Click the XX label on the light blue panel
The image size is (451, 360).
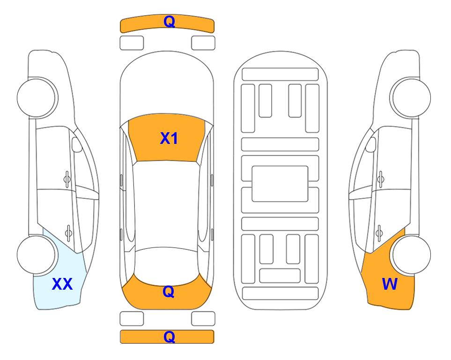(62, 284)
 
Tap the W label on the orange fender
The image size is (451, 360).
(390, 284)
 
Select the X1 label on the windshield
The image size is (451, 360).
(169, 138)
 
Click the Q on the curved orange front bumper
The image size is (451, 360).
(169, 22)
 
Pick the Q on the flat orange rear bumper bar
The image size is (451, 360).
(169, 337)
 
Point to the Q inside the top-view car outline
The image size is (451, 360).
(169, 292)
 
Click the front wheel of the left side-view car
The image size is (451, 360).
(37, 98)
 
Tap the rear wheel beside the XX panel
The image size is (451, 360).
(37, 255)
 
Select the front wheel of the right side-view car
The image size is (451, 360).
(410, 98)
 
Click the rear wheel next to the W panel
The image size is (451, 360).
(411, 255)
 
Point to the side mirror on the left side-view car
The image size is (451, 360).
(76, 144)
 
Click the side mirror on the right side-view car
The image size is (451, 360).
(371, 144)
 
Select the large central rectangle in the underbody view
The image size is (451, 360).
(280, 184)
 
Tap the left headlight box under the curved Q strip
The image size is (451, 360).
(132, 43)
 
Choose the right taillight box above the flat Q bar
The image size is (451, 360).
(203, 319)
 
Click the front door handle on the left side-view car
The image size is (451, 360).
(67, 179)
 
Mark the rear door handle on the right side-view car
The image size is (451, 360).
(379, 233)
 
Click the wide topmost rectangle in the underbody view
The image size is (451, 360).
(280, 75)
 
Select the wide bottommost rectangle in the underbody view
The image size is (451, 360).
(281, 293)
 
